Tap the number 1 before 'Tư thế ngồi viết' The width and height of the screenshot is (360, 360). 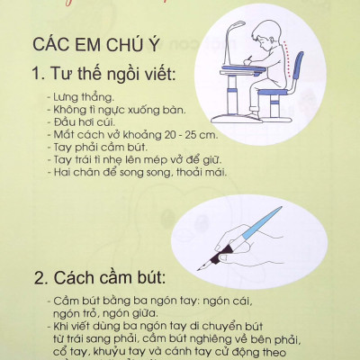click(38, 73)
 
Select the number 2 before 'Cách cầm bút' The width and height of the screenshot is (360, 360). click(39, 274)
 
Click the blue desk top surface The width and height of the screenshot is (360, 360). click(243, 85)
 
